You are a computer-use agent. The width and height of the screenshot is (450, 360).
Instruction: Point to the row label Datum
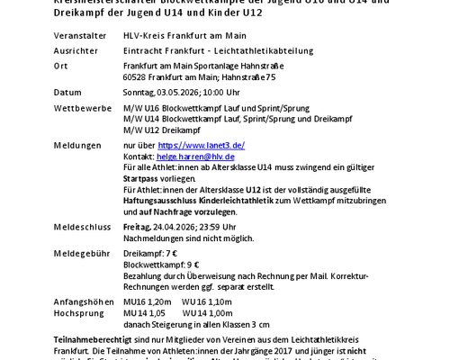67,92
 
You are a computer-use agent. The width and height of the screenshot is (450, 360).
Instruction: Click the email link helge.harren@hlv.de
197,156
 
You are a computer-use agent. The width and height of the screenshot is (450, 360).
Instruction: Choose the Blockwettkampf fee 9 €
192,265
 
